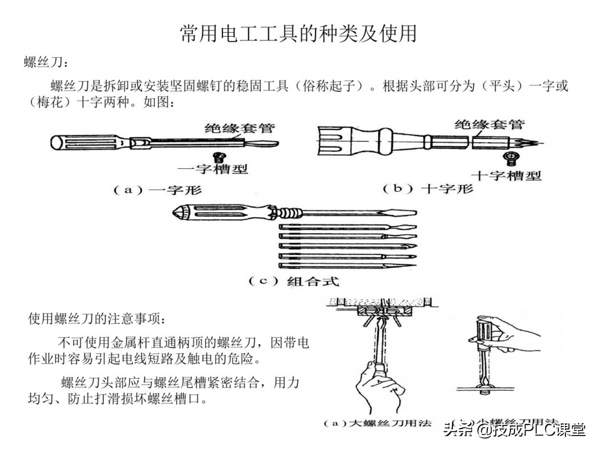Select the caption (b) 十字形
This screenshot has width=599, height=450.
428,189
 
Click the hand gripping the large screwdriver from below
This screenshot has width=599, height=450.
379,385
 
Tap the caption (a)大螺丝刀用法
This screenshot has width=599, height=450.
377,423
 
